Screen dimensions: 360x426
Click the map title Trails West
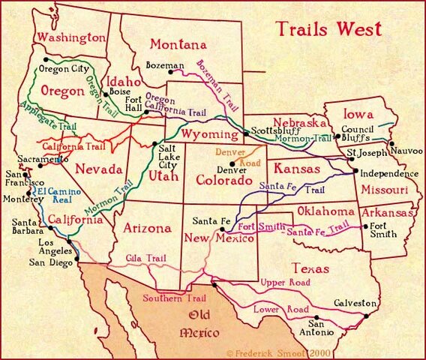328,30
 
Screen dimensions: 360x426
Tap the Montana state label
178,44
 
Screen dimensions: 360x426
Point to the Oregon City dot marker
46,58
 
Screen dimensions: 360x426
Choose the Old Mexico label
198,323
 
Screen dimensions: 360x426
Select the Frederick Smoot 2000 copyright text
270,351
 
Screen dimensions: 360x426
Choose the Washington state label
72,37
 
